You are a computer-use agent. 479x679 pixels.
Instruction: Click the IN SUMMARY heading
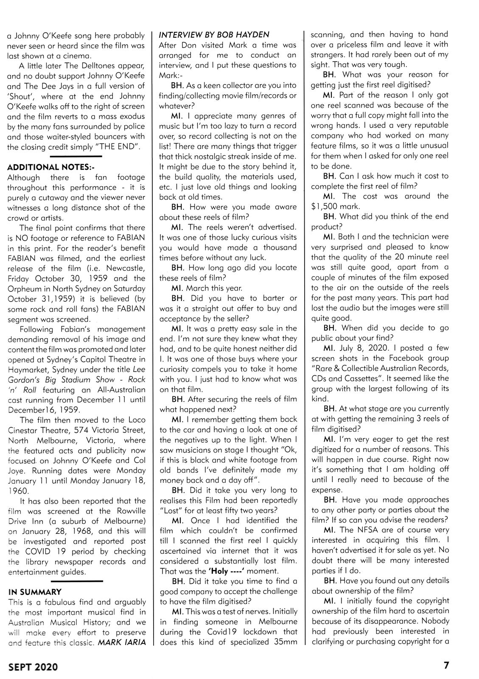tap(35, 592)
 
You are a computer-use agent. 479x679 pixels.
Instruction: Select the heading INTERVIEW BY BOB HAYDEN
tap(214, 35)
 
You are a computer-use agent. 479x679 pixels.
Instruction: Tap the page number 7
tap(446, 665)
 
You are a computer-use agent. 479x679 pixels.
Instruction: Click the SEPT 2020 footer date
tap(33, 666)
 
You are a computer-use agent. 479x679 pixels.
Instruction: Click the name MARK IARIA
tap(122, 643)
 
